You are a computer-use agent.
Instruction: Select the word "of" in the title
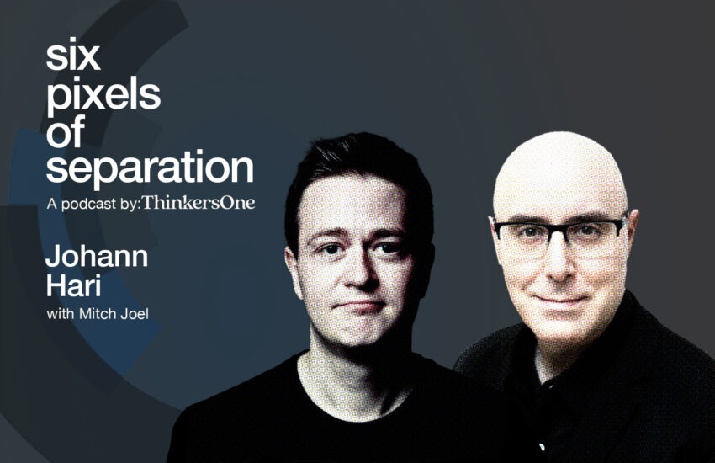click(66, 131)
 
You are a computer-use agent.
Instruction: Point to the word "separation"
click(150, 169)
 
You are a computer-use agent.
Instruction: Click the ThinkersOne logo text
click(199, 203)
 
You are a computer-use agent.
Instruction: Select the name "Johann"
click(97, 257)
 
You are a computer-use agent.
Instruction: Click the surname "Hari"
click(73, 286)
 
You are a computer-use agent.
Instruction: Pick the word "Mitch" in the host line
click(94, 314)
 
